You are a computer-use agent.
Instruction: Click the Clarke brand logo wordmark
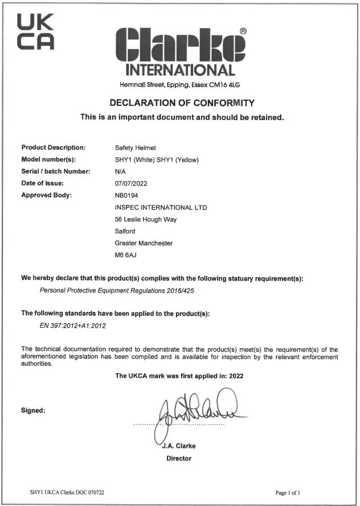click(x=179, y=46)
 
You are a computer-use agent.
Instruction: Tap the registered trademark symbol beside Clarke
click(x=243, y=31)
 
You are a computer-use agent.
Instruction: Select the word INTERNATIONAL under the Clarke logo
click(x=180, y=71)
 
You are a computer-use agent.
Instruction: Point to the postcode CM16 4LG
click(x=227, y=85)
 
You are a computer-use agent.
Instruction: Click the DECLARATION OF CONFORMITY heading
click(x=180, y=103)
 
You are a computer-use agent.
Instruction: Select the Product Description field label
click(x=53, y=148)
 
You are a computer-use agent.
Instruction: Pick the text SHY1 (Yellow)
click(x=178, y=160)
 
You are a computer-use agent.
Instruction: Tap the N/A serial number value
click(x=120, y=171)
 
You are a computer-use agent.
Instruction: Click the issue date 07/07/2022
click(x=131, y=183)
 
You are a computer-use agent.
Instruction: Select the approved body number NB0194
click(x=127, y=195)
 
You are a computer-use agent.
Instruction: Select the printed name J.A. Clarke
click(x=179, y=446)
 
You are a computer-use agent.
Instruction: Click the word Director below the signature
click(x=179, y=458)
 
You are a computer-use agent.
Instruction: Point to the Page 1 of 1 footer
click(x=288, y=491)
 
